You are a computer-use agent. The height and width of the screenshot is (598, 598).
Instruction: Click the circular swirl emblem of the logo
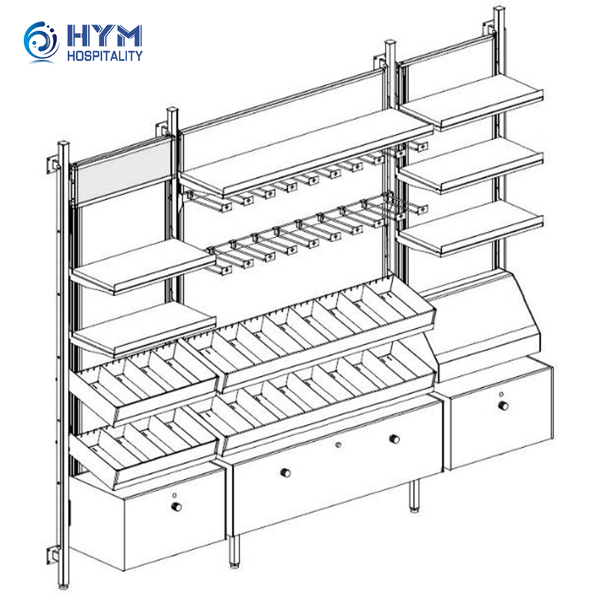(41, 41)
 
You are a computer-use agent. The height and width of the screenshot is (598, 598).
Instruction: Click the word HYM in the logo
(105, 36)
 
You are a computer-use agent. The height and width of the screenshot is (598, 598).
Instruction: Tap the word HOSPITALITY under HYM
(105, 55)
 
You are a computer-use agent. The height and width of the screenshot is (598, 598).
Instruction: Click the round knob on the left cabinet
(176, 507)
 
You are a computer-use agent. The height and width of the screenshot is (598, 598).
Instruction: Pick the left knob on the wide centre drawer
(286, 473)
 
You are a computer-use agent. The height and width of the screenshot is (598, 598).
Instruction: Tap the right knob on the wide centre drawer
(395, 439)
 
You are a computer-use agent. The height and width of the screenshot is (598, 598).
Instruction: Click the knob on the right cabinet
(503, 405)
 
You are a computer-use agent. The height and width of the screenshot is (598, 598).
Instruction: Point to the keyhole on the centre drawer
(338, 445)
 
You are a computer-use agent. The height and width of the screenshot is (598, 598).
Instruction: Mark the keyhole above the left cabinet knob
(175, 496)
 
